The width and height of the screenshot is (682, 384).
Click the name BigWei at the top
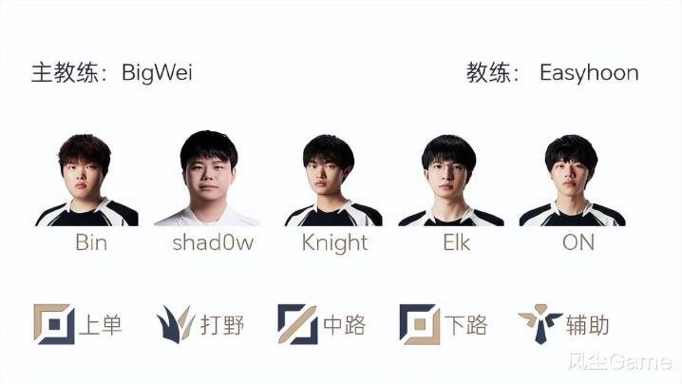[157, 72]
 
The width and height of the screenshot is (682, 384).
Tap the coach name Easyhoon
[589, 73]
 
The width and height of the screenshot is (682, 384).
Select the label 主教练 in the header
[64, 72]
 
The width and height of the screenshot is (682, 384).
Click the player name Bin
[91, 242]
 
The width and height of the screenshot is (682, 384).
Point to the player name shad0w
[213, 242]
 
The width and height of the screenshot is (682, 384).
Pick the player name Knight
[334, 243]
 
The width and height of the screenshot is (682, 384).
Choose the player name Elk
[456, 242]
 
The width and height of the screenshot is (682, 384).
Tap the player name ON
[578, 242]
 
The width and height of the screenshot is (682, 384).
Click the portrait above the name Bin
[86, 180]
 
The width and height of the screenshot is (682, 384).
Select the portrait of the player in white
[207, 178]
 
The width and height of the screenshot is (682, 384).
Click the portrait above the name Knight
[333, 181]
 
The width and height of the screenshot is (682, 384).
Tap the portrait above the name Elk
[451, 181]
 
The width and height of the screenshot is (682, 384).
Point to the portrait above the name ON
[573, 181]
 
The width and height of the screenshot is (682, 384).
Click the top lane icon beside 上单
[54, 324]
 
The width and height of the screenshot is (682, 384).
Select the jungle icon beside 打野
[176, 324]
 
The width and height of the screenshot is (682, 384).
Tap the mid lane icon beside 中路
[297, 324]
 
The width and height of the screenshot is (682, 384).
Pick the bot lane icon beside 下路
[420, 324]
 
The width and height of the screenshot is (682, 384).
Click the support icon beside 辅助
[540, 324]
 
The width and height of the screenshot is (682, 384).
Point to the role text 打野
[222, 325]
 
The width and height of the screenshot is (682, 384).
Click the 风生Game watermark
[620, 362]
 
